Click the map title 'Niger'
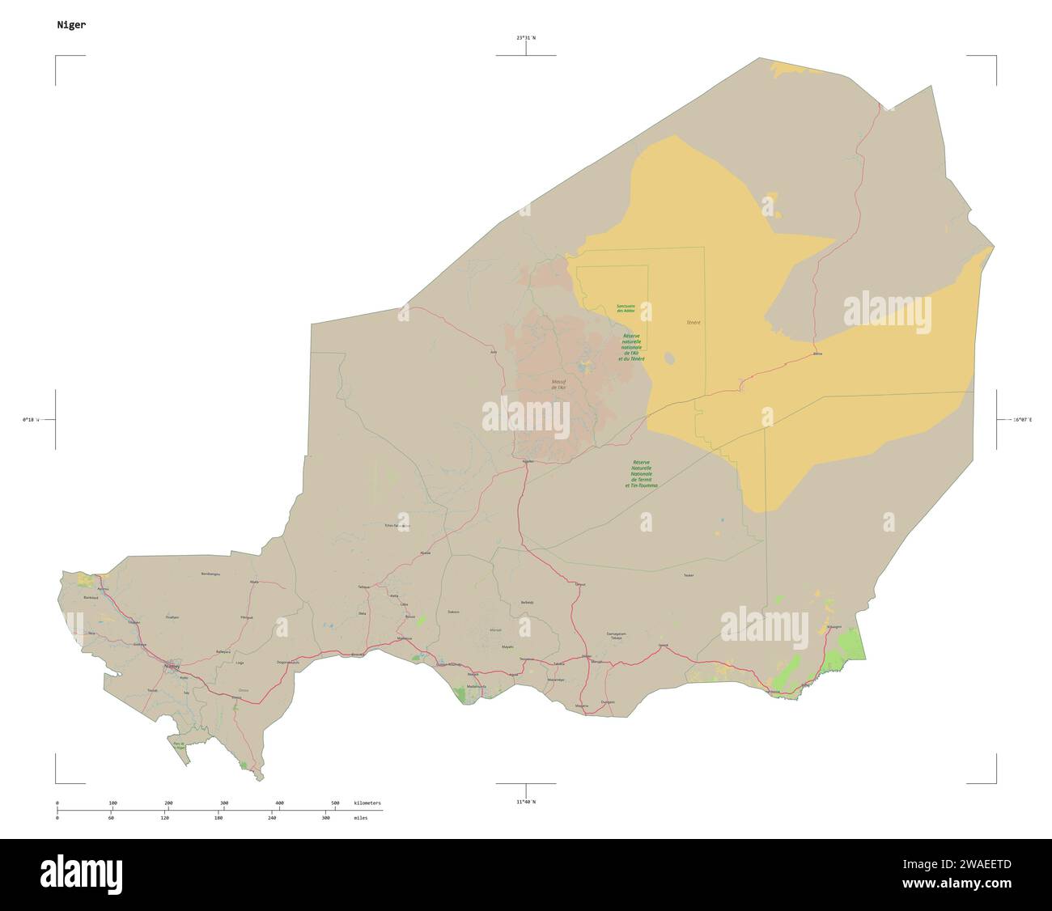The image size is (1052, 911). tap(71, 25)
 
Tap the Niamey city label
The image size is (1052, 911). tap(172, 667)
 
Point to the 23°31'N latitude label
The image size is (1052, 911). tap(526, 38)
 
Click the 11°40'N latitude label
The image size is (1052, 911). tap(526, 802)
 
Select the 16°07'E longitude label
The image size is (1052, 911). tap(1024, 420)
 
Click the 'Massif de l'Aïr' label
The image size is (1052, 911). tap(558, 385)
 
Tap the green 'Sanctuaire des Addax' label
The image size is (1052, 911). tap(626, 308)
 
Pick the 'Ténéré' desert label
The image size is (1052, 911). tap(694, 323)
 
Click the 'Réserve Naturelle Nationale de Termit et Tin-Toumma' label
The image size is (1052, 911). tap(641, 474)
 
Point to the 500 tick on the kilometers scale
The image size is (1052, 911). tap(335, 803)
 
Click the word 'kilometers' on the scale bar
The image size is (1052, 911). tap(367, 803)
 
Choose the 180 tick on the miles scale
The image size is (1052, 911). tap(218, 818)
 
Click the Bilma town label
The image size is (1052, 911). tap(817, 354)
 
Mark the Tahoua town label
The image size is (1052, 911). tap(363, 587)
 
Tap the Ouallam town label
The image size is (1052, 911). tap(172, 617)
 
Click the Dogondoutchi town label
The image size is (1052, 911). tap(288, 663)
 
